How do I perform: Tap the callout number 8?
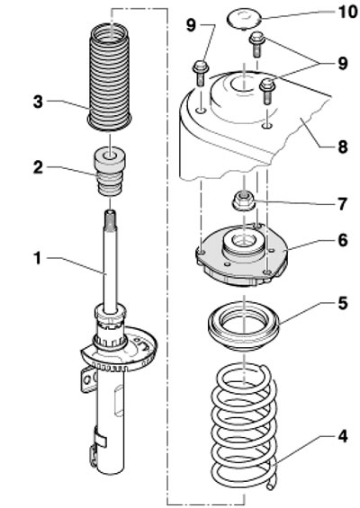[x=343, y=147]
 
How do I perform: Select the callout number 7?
[x=343, y=204]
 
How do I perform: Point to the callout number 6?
[x=343, y=240]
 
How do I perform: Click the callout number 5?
[x=343, y=303]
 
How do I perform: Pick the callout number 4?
[x=343, y=436]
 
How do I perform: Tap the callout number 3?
[x=38, y=102]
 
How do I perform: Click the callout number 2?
[x=38, y=167]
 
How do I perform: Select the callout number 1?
[x=38, y=259]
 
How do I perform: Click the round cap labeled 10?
[x=243, y=20]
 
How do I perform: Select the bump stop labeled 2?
[x=111, y=172]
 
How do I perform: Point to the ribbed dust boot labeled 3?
[x=110, y=77]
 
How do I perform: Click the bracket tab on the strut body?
[x=88, y=379]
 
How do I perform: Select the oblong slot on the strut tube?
[x=119, y=400]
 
